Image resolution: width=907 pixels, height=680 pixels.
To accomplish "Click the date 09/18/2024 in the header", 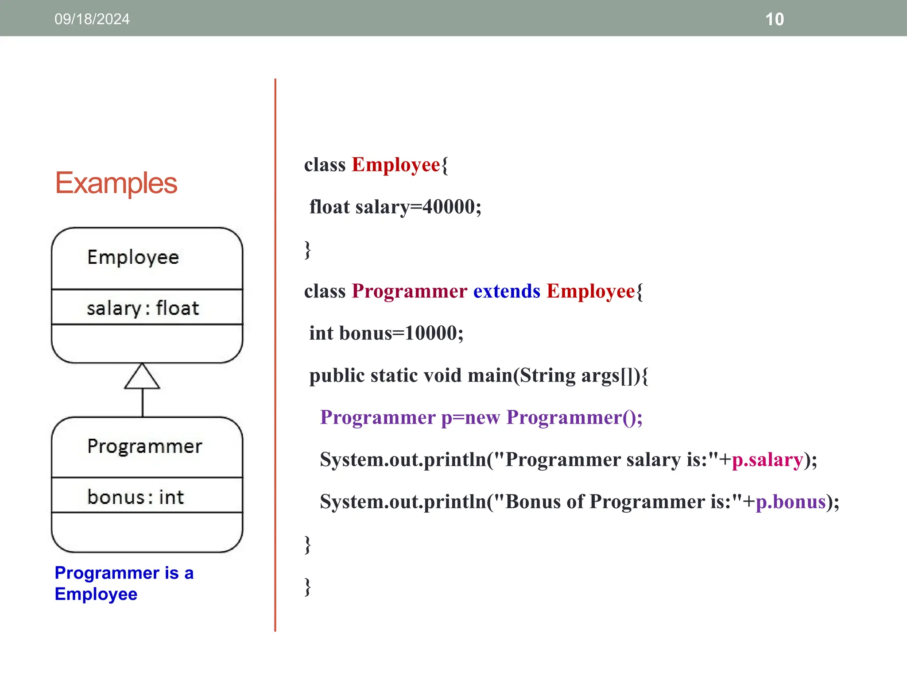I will [x=92, y=19].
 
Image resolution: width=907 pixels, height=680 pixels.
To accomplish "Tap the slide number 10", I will [x=774, y=19].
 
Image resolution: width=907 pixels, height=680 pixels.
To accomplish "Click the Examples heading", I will [x=116, y=183].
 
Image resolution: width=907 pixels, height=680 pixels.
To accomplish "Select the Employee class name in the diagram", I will [x=133, y=258].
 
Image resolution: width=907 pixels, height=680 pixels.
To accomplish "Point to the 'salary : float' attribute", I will [x=143, y=309].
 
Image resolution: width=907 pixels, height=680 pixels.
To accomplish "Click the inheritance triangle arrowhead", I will [x=142, y=377].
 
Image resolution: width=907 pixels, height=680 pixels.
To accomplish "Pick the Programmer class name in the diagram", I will [x=144, y=446].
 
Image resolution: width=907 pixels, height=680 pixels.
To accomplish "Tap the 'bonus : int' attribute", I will [x=136, y=497].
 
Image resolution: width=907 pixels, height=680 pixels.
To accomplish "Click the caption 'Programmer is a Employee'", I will [x=124, y=583].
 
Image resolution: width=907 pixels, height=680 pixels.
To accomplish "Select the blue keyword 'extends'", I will [x=507, y=291].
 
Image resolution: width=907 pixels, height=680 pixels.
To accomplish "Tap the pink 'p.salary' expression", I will [x=767, y=460].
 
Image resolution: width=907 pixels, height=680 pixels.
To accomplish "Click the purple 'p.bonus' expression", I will [x=791, y=502].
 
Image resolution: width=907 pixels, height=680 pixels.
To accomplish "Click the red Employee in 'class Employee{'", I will [x=396, y=165].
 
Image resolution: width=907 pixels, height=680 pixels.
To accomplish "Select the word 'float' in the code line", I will [x=329, y=207].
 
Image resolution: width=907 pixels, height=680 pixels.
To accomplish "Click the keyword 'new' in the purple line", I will [x=482, y=417].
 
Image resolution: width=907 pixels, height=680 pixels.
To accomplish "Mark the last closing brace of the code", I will [x=308, y=587].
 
